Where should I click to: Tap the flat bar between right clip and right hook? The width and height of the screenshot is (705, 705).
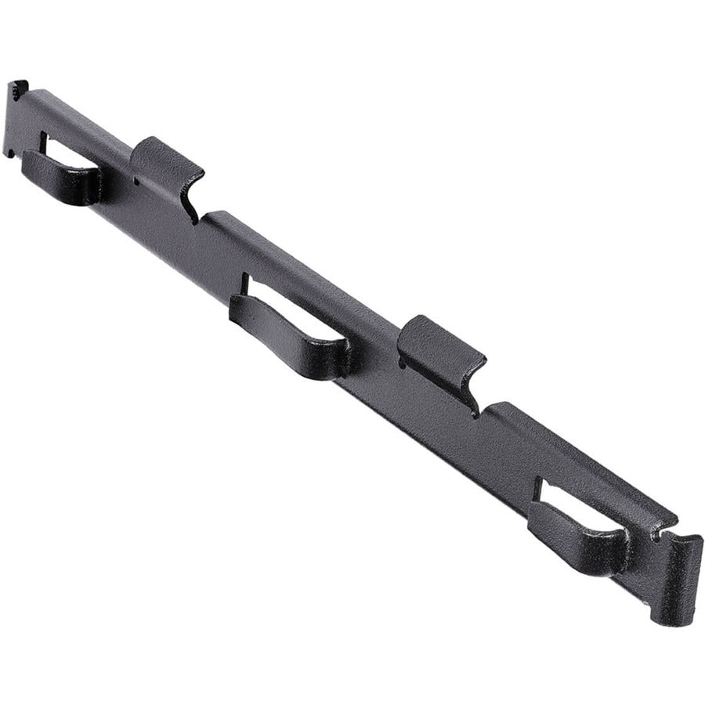pyautogui.click(x=501, y=454)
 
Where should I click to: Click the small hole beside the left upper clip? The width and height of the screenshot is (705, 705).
pyautogui.click(x=135, y=182)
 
